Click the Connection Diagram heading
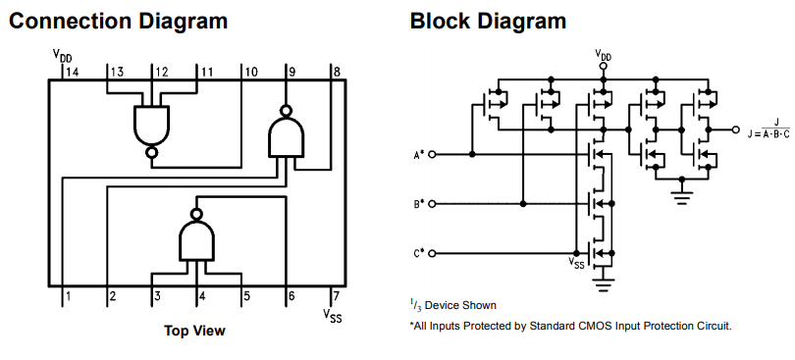pyautogui.click(x=118, y=22)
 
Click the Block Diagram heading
pyautogui.click(x=488, y=22)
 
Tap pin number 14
pyautogui.click(x=73, y=72)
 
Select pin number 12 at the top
pyautogui.click(x=162, y=72)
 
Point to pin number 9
pyautogui.click(x=292, y=72)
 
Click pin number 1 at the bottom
pyautogui.click(x=69, y=295)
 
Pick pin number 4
pyautogui.click(x=202, y=295)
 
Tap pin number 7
pyautogui.click(x=336, y=295)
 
